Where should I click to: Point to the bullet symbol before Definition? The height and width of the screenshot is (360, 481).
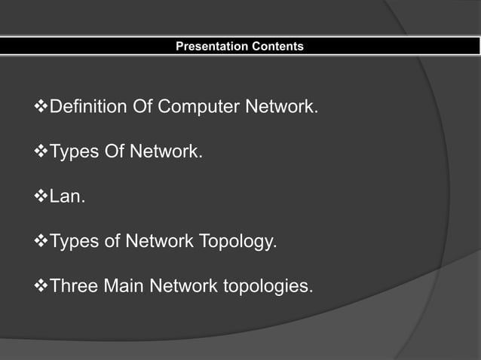(x=41, y=107)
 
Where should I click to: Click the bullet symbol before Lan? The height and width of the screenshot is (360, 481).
(x=41, y=197)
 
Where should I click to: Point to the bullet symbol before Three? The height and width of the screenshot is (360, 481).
(x=41, y=287)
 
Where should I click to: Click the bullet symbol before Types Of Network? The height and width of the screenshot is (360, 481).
(x=41, y=152)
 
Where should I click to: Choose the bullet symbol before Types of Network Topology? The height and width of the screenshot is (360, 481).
(x=41, y=242)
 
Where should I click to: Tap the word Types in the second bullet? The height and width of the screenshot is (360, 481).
(x=73, y=152)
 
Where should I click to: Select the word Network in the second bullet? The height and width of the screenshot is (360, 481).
(x=166, y=152)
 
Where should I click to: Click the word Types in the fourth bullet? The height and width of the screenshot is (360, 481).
(x=73, y=242)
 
